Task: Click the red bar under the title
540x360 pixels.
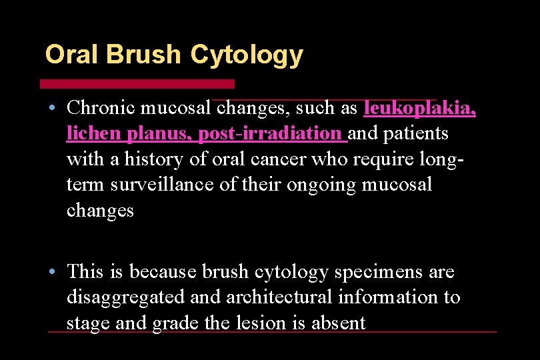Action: point(137,84)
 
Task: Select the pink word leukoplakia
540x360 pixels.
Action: point(419,108)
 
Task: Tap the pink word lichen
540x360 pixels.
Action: point(94,133)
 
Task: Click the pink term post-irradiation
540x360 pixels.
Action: point(269,133)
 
